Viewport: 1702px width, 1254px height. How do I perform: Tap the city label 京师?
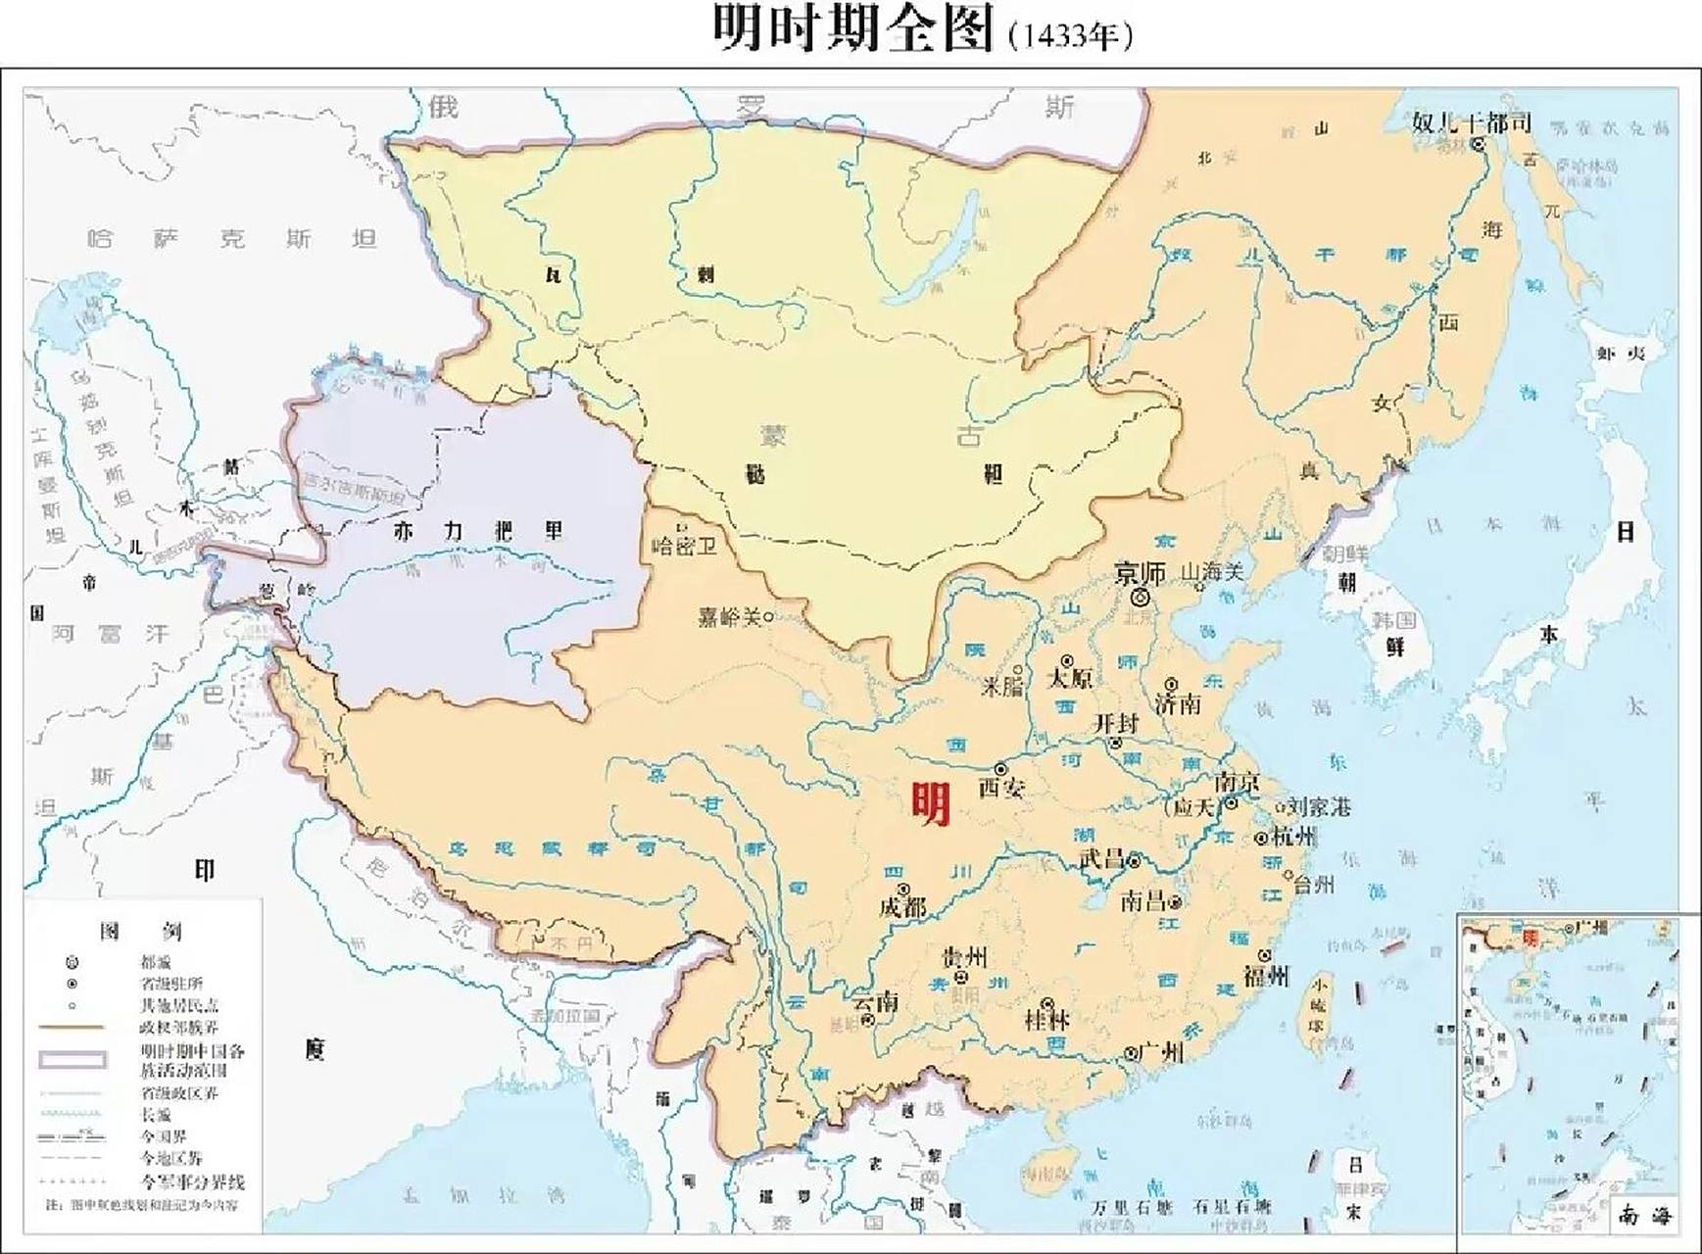(x=1140, y=573)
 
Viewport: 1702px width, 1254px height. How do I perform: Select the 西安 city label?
(x=1000, y=787)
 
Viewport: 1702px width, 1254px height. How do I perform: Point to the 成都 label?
(x=902, y=907)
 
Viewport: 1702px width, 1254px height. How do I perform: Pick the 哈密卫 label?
(x=684, y=546)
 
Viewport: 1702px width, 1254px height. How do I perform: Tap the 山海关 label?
(x=1212, y=571)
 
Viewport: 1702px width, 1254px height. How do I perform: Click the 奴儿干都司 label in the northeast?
(x=1472, y=122)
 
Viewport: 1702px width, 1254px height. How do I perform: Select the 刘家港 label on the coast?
(x=1319, y=807)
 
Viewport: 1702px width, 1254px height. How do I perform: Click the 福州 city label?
(x=1266, y=976)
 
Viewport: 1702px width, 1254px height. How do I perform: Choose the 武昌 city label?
(x=1102, y=859)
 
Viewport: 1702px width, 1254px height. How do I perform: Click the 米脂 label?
(x=1002, y=686)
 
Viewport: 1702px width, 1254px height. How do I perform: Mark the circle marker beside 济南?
(x=1171, y=684)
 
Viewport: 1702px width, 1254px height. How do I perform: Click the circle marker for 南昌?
(x=1174, y=901)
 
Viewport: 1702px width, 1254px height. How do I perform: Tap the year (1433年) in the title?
(x=1070, y=35)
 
